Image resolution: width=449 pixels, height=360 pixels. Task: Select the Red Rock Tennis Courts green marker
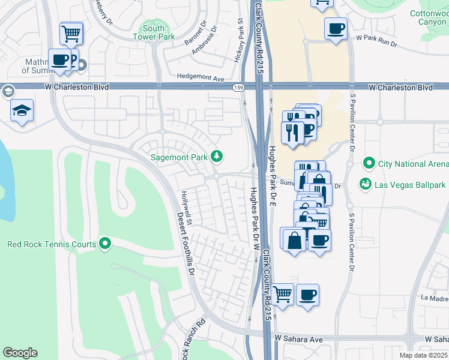[x=106, y=244]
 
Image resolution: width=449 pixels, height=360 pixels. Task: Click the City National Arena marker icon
[x=369, y=163]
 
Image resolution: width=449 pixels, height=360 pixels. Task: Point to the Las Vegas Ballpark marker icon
[x=365, y=185]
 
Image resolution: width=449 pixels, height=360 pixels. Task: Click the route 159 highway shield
[x=238, y=88]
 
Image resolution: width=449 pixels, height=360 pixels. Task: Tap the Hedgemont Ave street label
[x=200, y=78]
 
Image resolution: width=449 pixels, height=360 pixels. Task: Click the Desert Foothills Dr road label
[x=185, y=246]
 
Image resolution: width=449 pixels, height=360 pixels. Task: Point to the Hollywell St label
[x=187, y=208]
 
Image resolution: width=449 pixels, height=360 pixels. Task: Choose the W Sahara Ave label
[x=299, y=340]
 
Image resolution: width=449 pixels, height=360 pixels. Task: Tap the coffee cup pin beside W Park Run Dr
[x=336, y=28]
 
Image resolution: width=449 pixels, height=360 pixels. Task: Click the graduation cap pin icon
[x=22, y=111]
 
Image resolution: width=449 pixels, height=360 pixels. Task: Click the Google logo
[x=20, y=353]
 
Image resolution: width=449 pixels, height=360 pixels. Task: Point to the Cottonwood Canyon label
[x=429, y=17]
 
